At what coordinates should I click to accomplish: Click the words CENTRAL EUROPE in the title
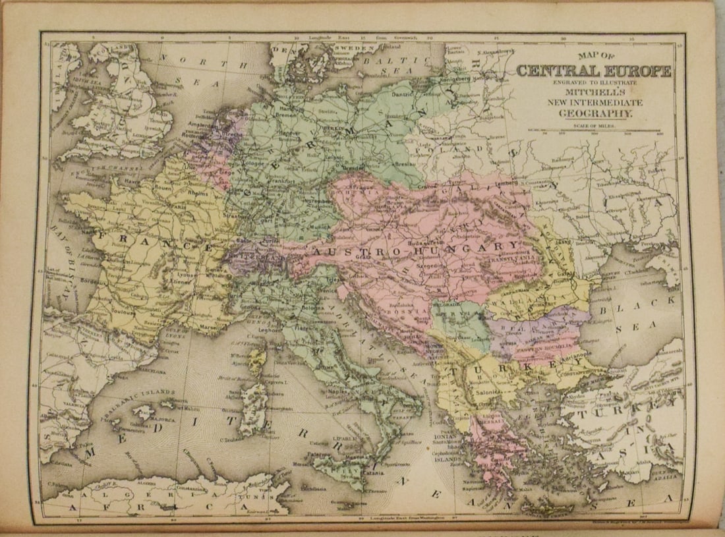click(593, 71)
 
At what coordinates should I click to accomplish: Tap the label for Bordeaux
click(89, 279)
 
